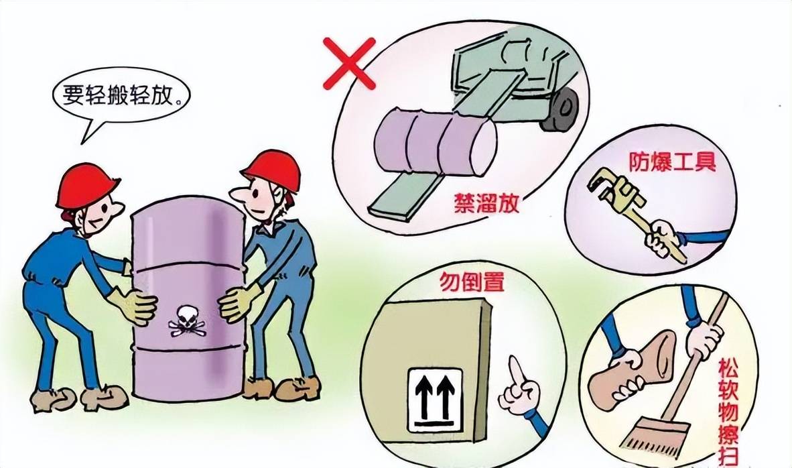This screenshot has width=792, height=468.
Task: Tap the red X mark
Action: click(x=349, y=63)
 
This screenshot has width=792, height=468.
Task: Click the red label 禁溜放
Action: click(x=486, y=203)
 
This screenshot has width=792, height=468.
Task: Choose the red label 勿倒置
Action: click(x=472, y=282)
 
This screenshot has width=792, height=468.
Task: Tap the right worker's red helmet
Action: click(x=273, y=168)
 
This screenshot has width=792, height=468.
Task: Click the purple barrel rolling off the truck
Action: click(x=436, y=141)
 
